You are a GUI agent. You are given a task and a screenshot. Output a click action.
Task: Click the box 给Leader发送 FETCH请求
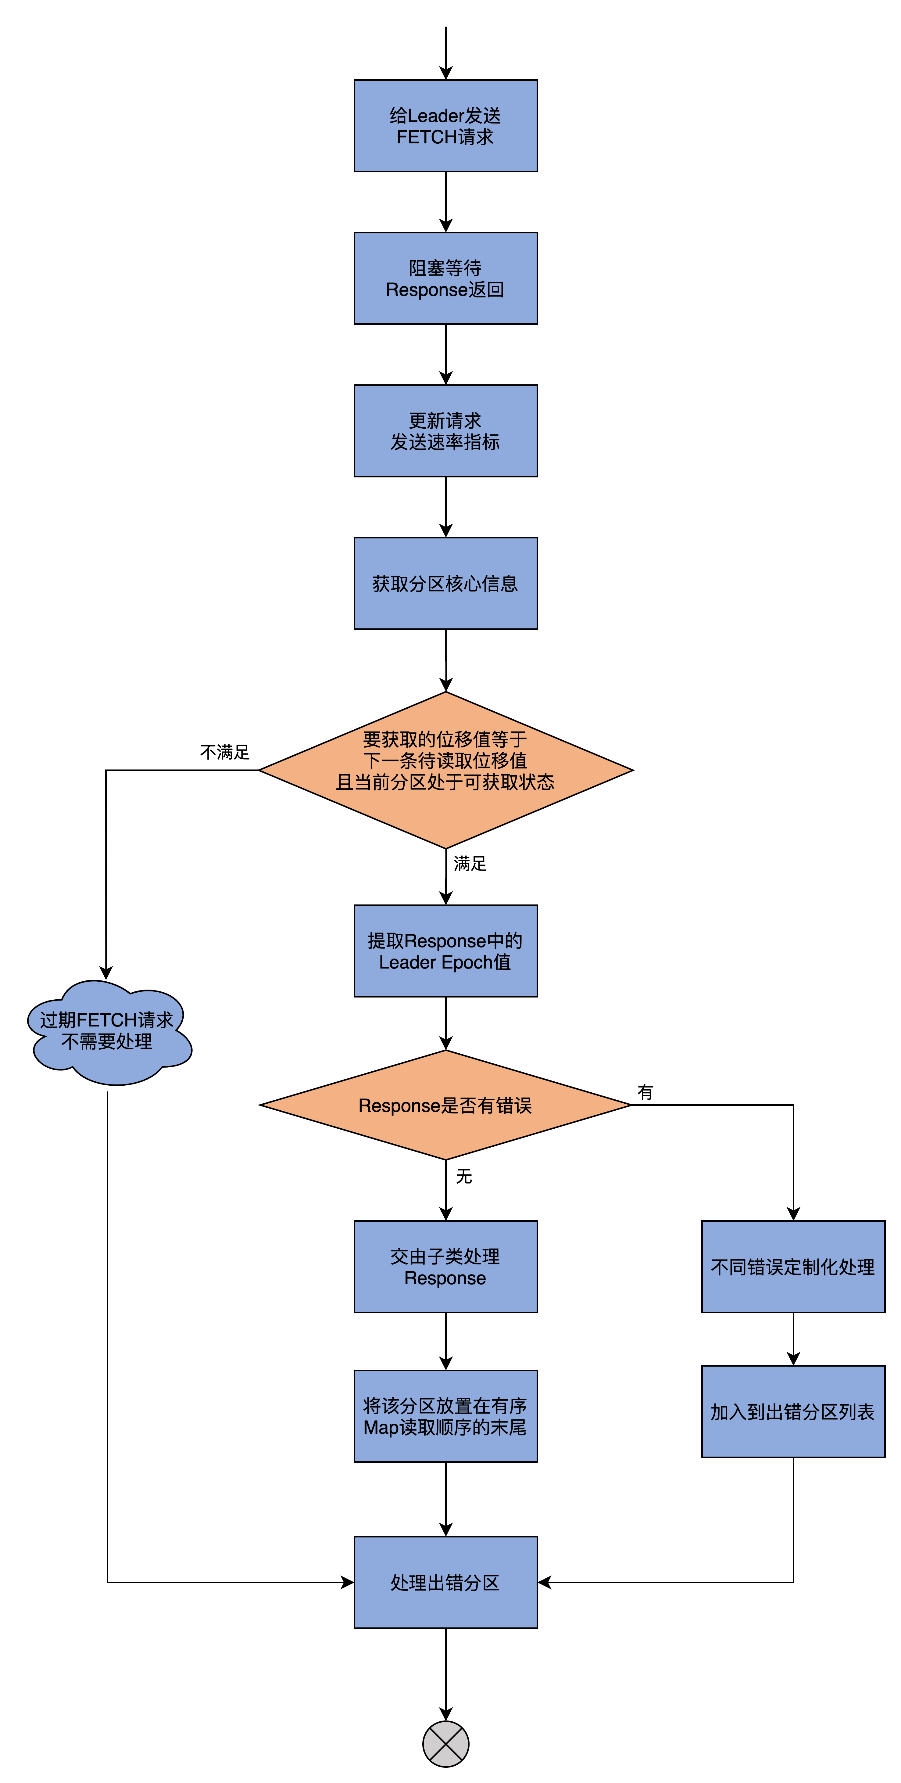446,126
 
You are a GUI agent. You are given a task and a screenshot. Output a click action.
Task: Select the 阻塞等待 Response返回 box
446,278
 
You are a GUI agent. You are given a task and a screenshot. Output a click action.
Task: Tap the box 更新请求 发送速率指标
446,430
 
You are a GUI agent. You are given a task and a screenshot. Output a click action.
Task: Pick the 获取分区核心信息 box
446,584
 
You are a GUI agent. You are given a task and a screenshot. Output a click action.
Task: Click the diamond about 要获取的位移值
446,770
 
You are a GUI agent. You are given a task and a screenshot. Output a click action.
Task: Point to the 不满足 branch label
224,752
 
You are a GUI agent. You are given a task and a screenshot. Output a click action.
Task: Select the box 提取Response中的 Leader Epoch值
446,951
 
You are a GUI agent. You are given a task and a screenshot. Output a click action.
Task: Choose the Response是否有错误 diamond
446,1105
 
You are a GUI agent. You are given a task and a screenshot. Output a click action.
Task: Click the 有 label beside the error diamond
645,1092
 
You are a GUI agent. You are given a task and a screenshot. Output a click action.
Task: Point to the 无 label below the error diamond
464,1177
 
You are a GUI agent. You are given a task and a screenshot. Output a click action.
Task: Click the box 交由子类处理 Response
446,1267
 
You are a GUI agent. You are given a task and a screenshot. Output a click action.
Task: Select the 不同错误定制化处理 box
793,1267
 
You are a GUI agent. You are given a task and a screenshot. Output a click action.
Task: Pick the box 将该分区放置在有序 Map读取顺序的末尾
446,1416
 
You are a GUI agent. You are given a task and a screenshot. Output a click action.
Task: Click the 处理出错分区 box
446,1582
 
